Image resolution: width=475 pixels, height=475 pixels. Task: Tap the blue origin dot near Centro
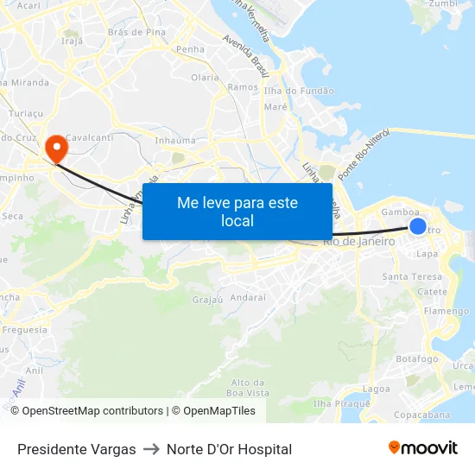pos(418,226)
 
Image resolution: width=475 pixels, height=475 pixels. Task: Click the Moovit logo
pos(423,448)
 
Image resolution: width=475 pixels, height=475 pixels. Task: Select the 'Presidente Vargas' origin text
pos(77,449)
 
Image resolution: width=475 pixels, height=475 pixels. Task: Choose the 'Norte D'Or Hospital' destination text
pos(229,449)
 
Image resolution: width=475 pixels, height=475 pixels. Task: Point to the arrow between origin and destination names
pos(151,449)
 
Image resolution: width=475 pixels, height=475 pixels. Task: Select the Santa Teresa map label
pos(412,276)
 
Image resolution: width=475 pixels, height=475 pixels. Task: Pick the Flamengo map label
pos(446,311)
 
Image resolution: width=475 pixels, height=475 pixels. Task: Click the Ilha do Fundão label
pos(299,91)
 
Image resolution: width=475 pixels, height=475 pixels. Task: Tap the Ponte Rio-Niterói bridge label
pos(364,154)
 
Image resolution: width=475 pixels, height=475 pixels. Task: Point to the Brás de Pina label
pos(136,32)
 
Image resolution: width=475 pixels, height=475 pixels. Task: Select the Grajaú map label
pos(207,301)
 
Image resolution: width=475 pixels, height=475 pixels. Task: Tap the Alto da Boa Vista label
pos(248,388)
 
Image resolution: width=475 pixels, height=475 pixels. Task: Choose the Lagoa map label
pos(377,389)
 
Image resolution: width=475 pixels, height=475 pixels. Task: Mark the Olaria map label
pos(205,77)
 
